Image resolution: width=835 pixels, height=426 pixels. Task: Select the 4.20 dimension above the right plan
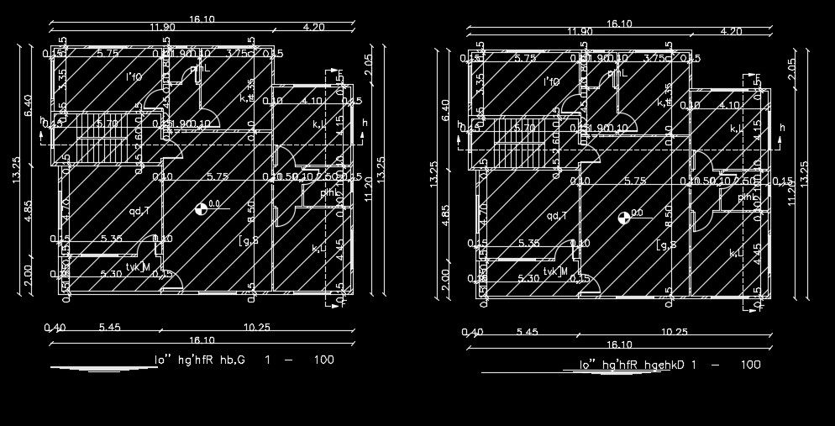[732, 32]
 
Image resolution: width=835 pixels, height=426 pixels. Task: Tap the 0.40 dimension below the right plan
[472, 333]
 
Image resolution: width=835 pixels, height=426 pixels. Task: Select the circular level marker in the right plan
[623, 218]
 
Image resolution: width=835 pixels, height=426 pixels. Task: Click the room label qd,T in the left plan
[139, 211]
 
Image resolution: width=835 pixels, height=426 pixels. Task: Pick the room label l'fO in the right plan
[552, 82]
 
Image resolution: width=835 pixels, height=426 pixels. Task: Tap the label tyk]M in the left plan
[138, 267]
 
